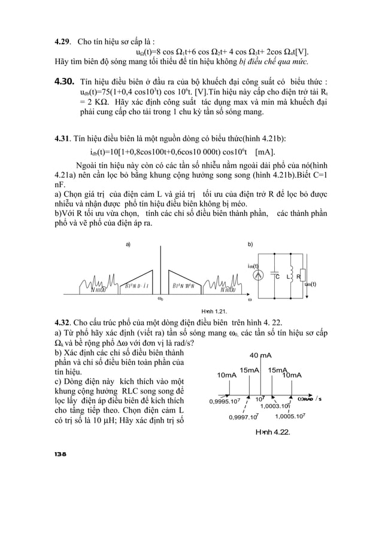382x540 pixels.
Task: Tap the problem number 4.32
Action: (63, 324)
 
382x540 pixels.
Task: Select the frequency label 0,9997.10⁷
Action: (244, 417)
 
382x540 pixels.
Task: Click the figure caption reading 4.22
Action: (272, 432)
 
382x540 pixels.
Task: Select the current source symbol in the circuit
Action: (257, 276)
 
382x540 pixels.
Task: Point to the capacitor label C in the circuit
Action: (277, 277)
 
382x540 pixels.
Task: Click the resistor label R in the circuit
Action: (299, 277)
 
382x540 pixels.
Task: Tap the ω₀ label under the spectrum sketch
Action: (160, 297)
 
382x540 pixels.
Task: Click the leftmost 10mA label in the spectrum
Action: (227, 375)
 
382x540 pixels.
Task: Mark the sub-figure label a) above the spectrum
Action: (127, 245)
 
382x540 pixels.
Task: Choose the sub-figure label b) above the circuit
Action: (250, 245)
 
